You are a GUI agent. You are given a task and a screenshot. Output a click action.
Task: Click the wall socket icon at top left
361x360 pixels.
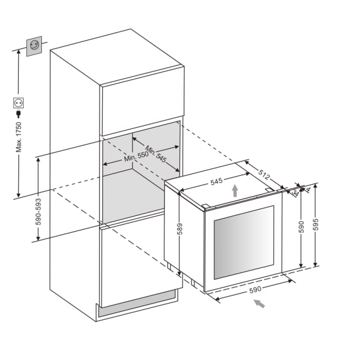click(34, 46)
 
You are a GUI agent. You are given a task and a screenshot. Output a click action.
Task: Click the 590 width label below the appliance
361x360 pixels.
click(255, 290)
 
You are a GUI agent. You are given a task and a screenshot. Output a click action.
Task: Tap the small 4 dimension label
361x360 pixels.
click(308, 190)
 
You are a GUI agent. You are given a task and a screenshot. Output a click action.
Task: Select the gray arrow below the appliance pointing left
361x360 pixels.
click(259, 304)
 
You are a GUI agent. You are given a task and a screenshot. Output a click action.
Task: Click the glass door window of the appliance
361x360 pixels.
click(244, 242)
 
